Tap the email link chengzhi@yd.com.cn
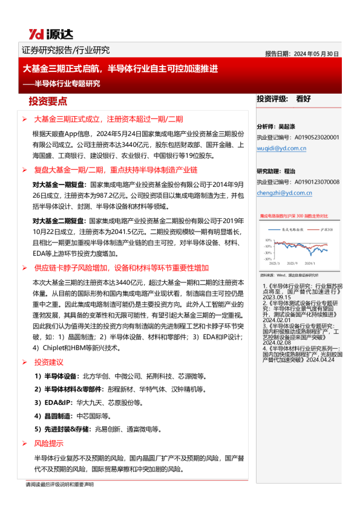point(284,193)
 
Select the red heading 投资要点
point(48,101)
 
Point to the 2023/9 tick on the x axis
point(292,263)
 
